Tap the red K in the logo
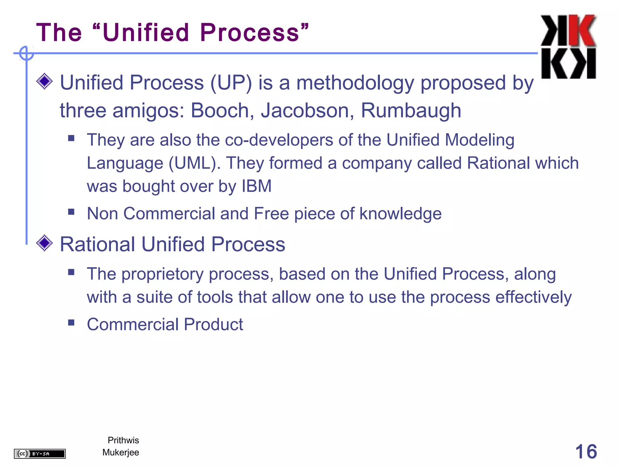pos(582,30)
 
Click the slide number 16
pos(586,451)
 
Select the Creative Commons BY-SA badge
pos(40,454)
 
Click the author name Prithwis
pos(123,440)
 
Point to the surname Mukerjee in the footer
pos(121,452)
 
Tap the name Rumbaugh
pos(411,111)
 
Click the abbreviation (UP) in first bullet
pos(231,83)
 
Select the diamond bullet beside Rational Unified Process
pos(45,243)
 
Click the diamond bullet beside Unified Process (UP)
pos(45,81)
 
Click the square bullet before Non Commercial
pos(71,211)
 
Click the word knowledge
pos(400,214)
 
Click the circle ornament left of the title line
pos(26,53)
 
